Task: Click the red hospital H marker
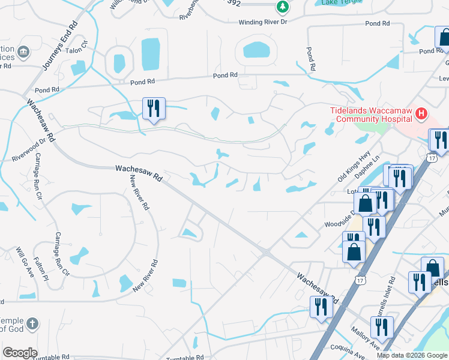pos(421,113)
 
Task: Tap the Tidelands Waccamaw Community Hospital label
pos(372,114)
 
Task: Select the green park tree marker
pos(282,7)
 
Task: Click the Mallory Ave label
pos(367,341)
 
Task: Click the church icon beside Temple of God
pos(32,324)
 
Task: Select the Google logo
pos(20,353)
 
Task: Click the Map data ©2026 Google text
pos(411,355)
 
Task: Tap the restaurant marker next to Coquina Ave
pos(381,328)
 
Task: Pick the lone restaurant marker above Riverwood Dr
pos(153,109)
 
